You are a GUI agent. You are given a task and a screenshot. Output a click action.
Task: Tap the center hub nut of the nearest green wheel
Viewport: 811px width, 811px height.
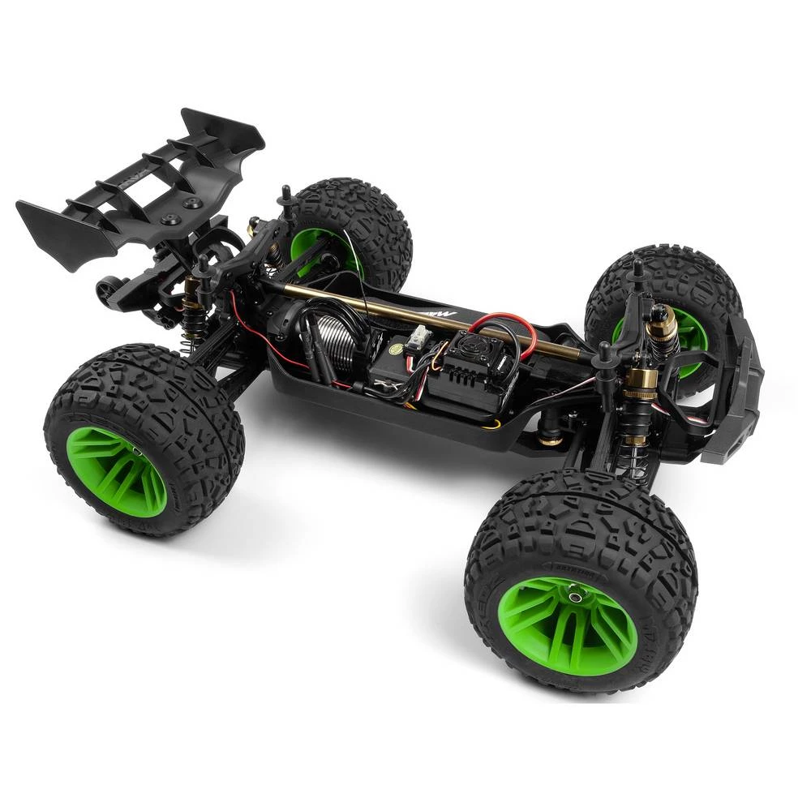577,597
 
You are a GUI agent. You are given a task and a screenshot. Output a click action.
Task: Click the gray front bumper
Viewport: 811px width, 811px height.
742,397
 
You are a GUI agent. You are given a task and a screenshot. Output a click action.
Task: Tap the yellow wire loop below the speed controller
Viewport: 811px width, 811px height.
491,422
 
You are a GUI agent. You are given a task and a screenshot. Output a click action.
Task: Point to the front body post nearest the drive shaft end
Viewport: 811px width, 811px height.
604,357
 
